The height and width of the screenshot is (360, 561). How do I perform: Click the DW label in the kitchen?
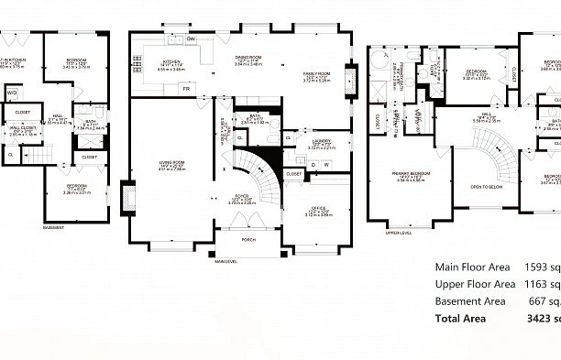[x=192, y=38]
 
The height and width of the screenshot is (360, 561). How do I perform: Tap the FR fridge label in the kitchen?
[x=186, y=89]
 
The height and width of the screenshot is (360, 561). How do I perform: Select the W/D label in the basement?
[x=13, y=93]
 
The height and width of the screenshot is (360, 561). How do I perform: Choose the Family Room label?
[x=318, y=75]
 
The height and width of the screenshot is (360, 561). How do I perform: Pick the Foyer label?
[x=242, y=196]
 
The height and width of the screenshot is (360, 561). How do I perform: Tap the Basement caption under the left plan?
[x=53, y=228]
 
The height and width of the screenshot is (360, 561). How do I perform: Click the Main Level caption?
[x=226, y=261]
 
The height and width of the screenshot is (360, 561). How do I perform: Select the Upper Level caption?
[x=398, y=234]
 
